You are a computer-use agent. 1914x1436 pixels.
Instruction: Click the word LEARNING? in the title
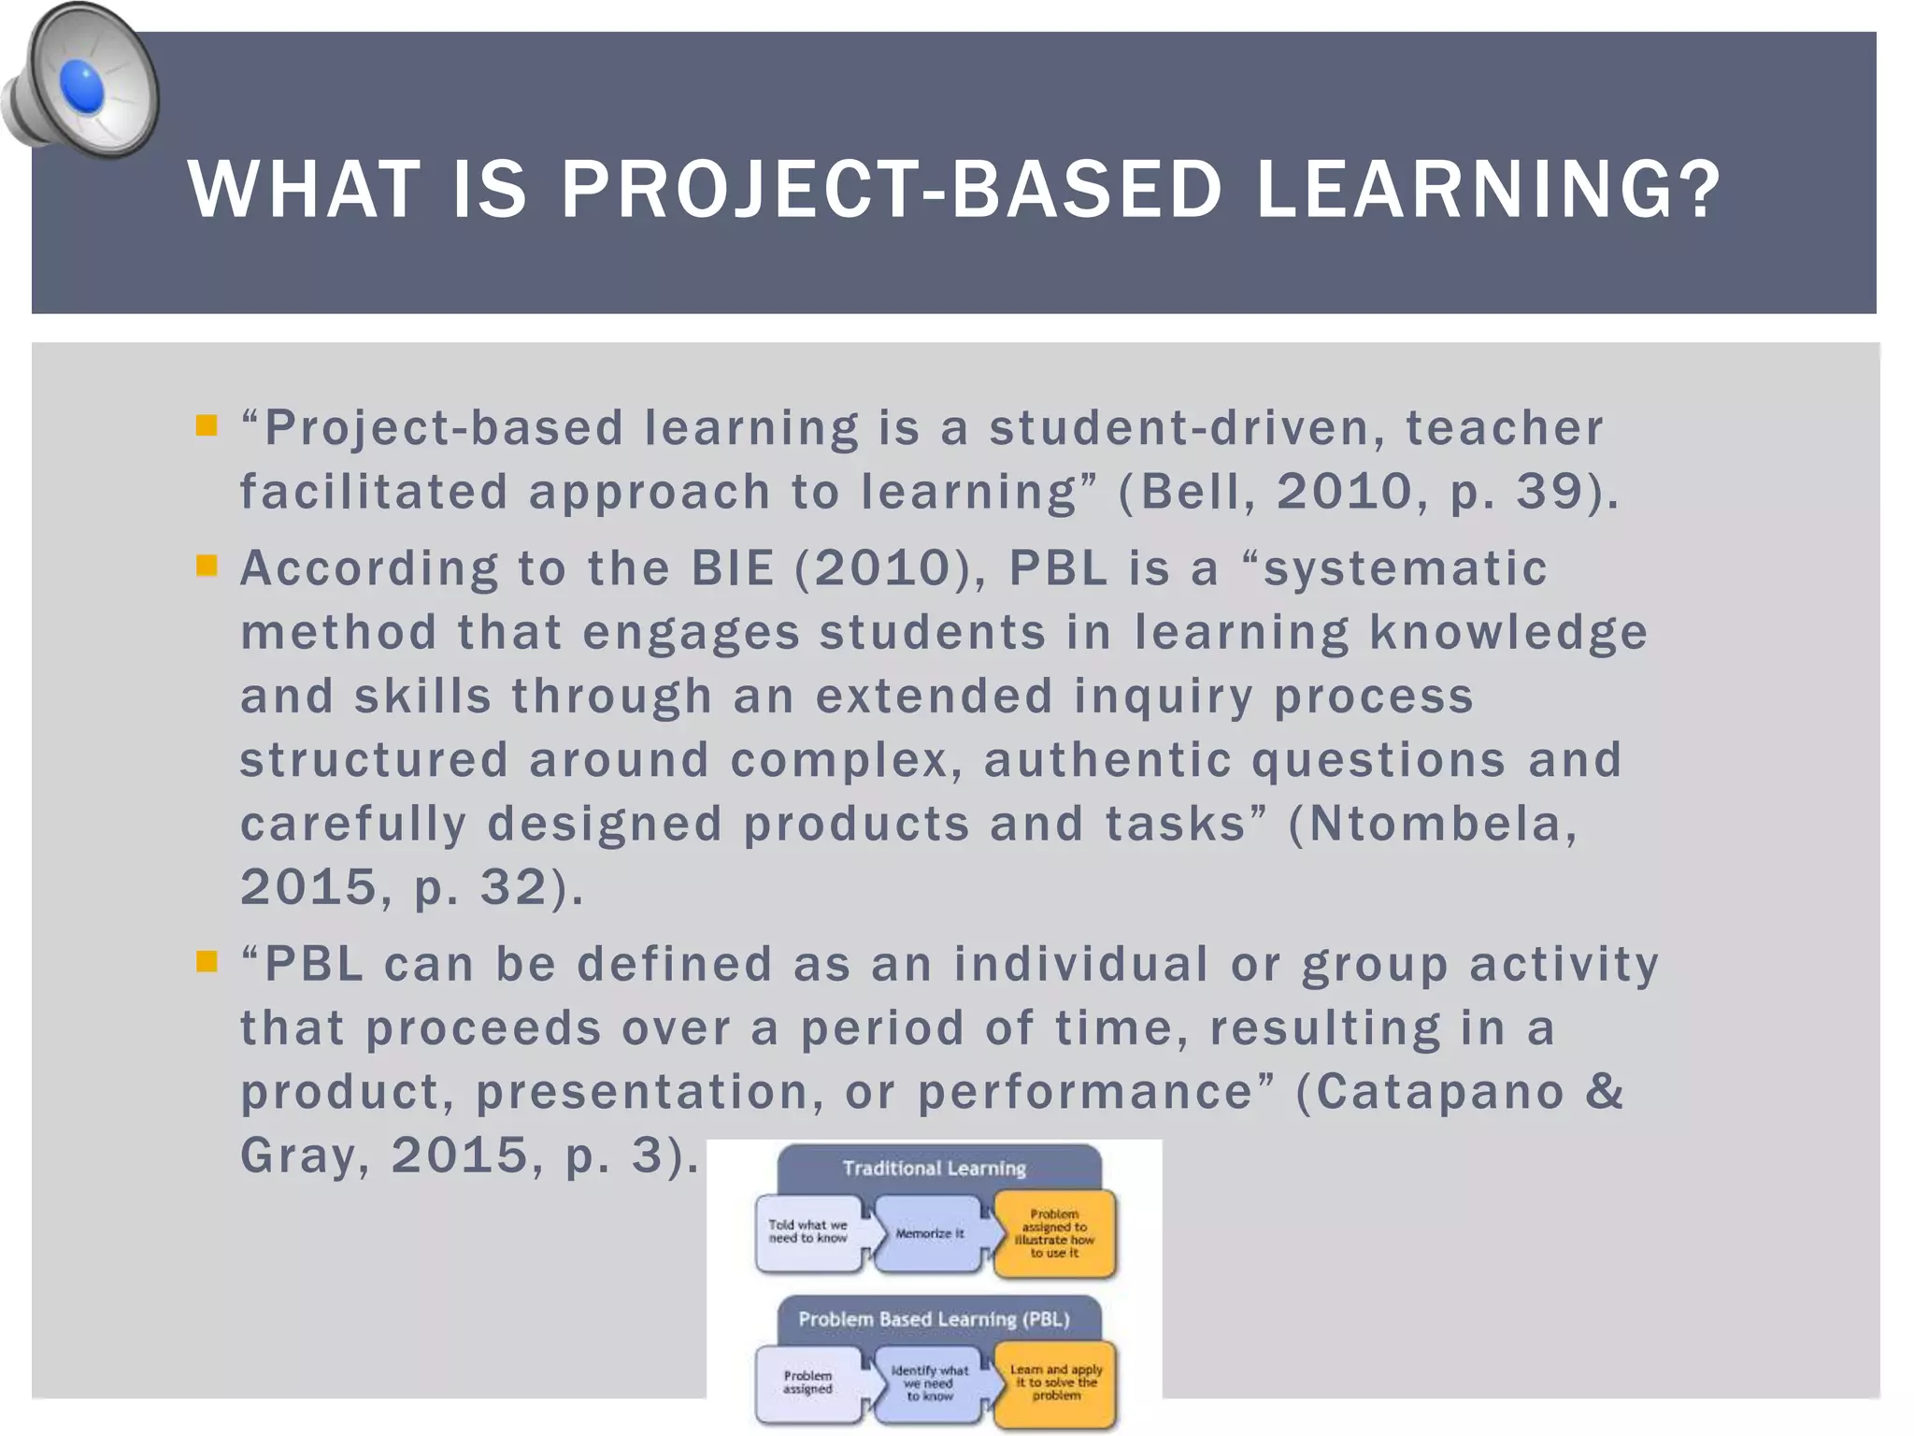click(x=1488, y=190)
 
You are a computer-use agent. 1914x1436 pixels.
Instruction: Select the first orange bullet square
click(x=207, y=426)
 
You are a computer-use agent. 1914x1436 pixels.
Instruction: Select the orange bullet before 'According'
click(x=207, y=566)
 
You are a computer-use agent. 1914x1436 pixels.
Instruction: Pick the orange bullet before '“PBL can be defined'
click(x=207, y=961)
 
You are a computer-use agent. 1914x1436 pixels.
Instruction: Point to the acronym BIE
click(x=733, y=567)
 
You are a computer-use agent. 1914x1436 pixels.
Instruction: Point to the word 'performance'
click(x=1085, y=1091)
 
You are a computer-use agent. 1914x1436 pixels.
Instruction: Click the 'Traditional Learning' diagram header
click(x=935, y=1168)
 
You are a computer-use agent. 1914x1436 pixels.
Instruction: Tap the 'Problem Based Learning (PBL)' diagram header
click(x=935, y=1319)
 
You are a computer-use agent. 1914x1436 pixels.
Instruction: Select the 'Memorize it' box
click(x=929, y=1234)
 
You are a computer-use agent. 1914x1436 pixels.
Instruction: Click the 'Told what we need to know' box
click(x=807, y=1232)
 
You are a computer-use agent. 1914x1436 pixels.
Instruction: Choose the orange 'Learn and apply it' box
click(x=1056, y=1383)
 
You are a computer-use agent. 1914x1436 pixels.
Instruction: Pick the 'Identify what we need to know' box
click(x=929, y=1383)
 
